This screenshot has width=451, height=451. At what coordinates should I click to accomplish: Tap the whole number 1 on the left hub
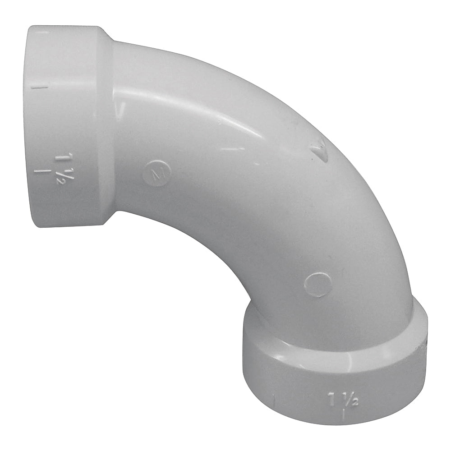pyautogui.click(x=60, y=158)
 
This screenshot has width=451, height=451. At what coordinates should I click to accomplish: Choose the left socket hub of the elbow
pyautogui.click(x=63, y=126)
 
